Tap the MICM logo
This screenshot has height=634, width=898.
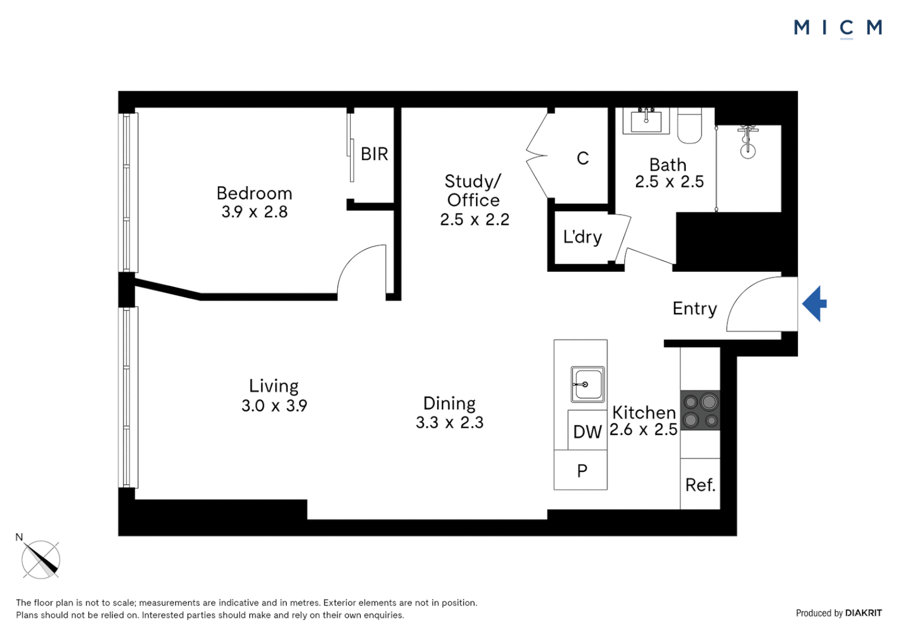(837, 28)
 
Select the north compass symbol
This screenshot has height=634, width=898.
(41, 559)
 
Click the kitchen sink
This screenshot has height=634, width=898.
(587, 385)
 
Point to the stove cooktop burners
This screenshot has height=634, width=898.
(700, 410)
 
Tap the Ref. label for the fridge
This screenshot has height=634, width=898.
(700, 485)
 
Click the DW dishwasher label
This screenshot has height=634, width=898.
(587, 431)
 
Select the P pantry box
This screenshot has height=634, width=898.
(581, 470)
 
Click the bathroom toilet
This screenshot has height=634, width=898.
(689, 126)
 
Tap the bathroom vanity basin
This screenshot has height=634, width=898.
(646, 121)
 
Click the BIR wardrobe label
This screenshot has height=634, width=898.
(374, 154)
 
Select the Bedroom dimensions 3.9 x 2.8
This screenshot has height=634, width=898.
(254, 212)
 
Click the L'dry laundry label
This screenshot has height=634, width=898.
(582, 237)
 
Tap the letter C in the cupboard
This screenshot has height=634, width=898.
(582, 158)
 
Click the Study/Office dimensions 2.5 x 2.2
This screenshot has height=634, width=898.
(474, 220)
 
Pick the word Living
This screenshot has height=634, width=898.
(274, 386)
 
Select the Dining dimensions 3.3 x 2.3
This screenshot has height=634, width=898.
(450, 423)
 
